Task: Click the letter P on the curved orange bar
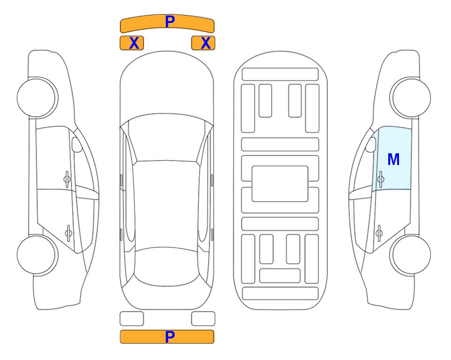(170, 21)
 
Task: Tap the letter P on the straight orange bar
(170, 337)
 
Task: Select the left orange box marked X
(132, 43)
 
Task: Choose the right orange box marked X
(203, 43)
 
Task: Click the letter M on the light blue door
(393, 159)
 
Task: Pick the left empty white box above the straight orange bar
(132, 319)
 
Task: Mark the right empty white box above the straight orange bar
(203, 319)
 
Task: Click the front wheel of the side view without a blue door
(37, 98)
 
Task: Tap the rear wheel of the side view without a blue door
(37, 255)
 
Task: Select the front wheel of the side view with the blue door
(411, 98)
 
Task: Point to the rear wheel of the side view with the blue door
(411, 255)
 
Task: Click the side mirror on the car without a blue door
(76, 144)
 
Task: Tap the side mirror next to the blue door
(371, 144)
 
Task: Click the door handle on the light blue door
(381, 179)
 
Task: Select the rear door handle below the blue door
(379, 232)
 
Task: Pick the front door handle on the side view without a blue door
(67, 179)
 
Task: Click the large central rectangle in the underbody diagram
(280, 184)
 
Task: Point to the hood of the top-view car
(167, 86)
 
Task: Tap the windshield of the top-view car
(167, 138)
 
